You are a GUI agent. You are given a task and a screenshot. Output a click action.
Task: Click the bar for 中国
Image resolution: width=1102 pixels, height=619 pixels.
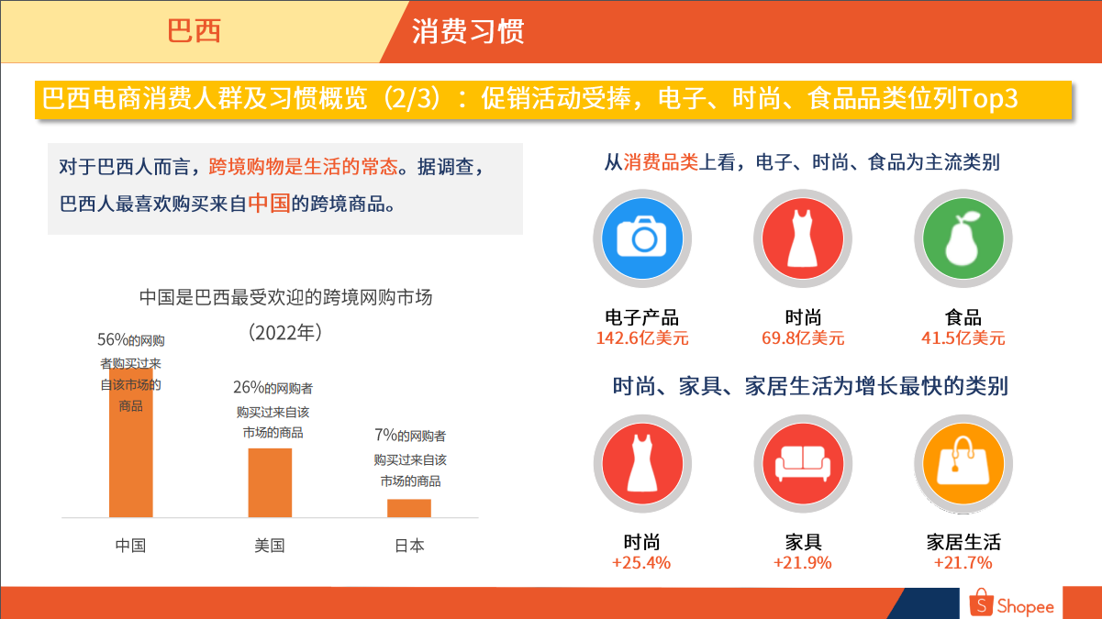131,443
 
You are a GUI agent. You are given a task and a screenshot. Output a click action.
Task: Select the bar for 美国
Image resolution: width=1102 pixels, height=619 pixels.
270,482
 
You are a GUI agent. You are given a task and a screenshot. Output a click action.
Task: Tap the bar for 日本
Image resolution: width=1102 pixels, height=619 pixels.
409,508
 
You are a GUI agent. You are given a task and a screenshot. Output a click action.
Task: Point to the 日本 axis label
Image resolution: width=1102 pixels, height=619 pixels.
409,546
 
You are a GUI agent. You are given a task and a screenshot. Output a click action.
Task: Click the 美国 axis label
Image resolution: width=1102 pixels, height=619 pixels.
270,546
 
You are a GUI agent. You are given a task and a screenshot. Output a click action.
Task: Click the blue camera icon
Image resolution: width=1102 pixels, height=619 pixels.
642,238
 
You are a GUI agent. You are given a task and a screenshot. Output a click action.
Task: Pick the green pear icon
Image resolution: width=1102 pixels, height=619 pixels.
963,238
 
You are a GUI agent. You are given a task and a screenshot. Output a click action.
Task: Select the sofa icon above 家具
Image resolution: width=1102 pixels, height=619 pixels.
803,464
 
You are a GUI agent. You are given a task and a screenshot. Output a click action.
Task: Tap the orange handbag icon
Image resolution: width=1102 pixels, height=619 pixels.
963,464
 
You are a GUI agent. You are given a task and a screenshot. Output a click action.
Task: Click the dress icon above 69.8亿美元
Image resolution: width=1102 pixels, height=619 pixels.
803,238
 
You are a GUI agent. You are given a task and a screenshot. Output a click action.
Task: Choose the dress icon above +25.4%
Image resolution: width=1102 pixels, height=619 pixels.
642,464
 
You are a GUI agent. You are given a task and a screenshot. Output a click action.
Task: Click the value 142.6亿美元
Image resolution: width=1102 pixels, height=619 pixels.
642,338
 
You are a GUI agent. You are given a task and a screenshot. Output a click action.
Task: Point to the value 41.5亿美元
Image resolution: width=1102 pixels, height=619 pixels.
963,338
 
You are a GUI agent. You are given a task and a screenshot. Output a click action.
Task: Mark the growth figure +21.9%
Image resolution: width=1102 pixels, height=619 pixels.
802,562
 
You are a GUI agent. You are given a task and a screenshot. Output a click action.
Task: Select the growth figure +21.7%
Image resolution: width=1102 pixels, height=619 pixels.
963,562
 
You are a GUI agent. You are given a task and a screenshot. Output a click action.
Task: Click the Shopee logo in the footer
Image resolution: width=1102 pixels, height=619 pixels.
1011,603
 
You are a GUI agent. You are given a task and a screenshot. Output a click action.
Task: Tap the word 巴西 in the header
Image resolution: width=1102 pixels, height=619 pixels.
194,31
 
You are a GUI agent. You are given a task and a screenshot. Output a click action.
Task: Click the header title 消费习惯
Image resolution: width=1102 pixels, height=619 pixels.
468,31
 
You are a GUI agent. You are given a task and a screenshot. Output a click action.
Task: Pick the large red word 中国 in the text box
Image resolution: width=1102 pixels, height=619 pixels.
269,203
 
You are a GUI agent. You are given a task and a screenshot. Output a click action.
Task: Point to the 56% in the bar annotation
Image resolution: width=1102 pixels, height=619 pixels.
113,339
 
